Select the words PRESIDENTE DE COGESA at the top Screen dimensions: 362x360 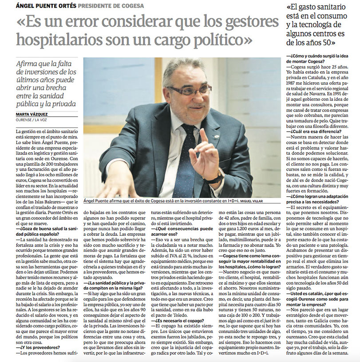tap(111, 5)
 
